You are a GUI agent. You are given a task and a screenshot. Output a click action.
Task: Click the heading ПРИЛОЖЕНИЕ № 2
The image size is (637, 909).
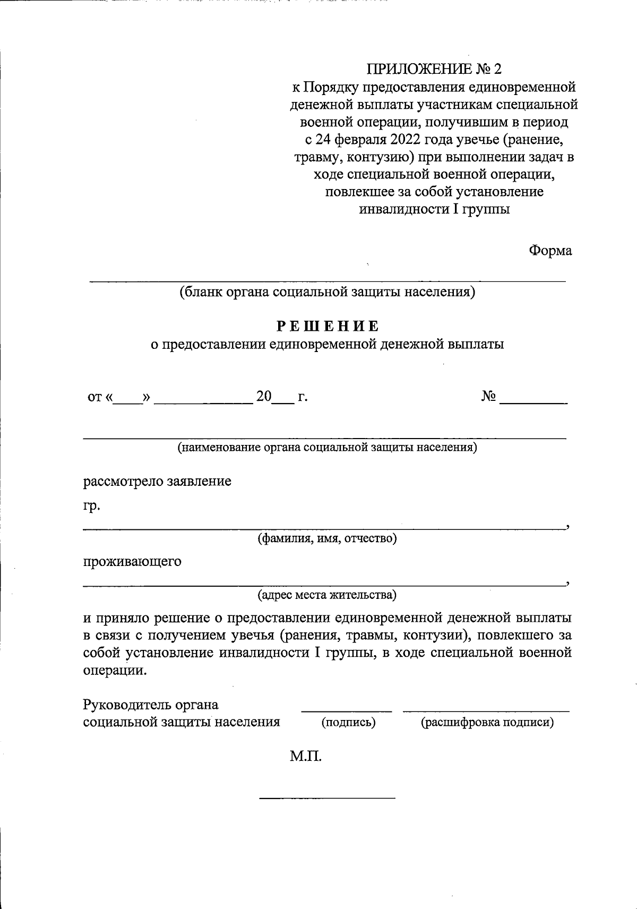[434, 69]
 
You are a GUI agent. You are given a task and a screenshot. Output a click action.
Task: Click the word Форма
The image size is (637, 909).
[550, 251]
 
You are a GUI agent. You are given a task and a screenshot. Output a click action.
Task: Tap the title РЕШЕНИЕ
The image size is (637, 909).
[328, 326]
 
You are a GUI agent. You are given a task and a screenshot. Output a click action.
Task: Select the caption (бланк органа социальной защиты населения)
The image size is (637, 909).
[327, 292]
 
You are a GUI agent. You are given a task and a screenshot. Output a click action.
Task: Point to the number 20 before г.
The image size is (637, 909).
[264, 397]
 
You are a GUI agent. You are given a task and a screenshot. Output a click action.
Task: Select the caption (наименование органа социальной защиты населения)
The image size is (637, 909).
[327, 447]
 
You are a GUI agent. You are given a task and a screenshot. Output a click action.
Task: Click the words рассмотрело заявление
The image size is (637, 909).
[157, 482]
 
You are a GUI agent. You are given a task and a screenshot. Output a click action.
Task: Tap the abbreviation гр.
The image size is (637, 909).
[91, 506]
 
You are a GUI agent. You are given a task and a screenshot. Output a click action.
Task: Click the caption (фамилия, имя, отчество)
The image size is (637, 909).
[327, 539]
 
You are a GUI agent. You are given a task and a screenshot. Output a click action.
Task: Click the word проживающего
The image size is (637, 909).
[132, 561]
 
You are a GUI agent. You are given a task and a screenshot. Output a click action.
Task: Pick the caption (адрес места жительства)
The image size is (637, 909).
[327, 595]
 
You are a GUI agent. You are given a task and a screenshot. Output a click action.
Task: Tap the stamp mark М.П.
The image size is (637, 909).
[306, 756]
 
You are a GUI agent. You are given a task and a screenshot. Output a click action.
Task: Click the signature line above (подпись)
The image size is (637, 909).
[347, 710]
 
